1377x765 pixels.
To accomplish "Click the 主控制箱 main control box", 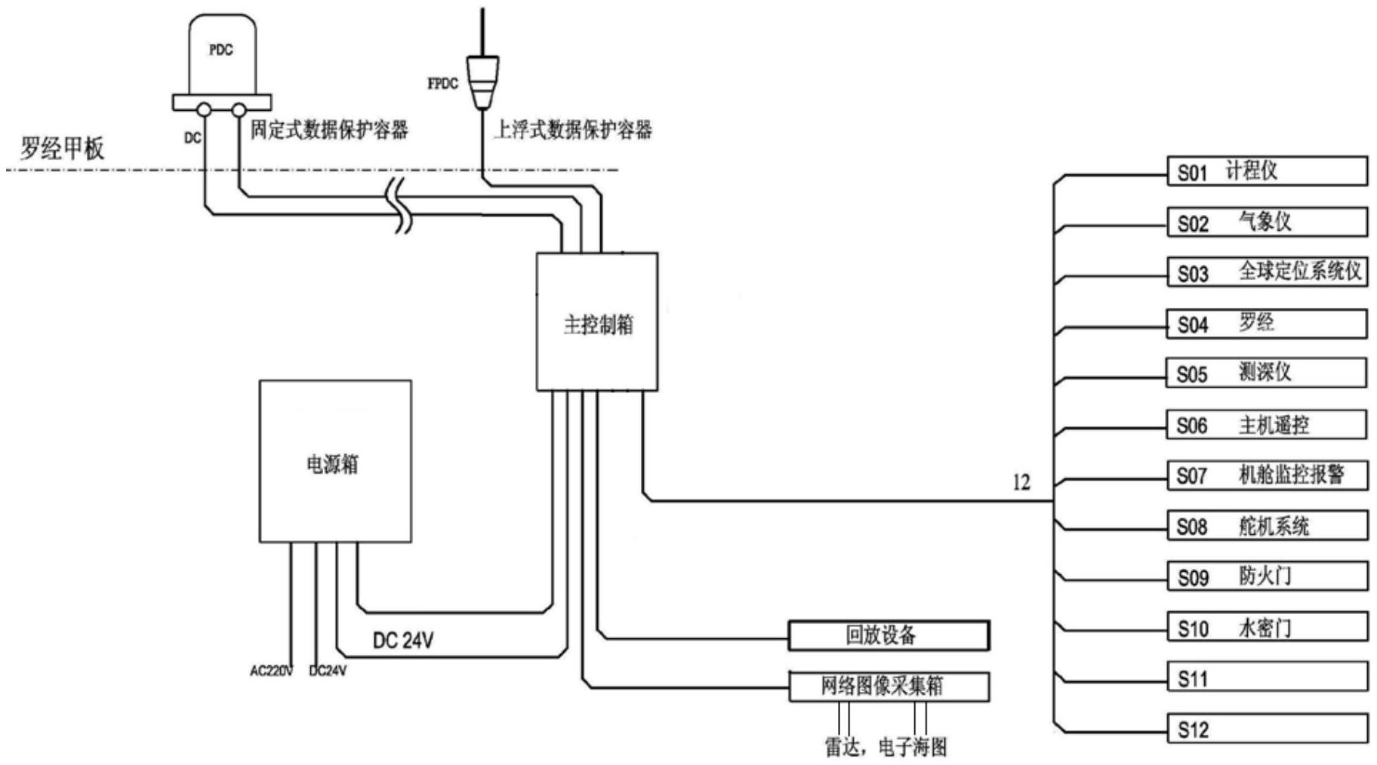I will tap(597, 322).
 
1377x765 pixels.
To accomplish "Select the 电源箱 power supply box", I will tap(335, 461).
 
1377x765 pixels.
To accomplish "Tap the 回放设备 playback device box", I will tap(889, 635).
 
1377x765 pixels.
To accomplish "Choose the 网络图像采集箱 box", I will tap(889, 687).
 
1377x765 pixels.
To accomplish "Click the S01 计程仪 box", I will tap(1267, 171).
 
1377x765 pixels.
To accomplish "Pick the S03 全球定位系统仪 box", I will tap(1267, 272).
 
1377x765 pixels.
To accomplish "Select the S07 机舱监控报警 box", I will tap(1267, 475).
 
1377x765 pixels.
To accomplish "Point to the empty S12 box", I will tap(1267, 730).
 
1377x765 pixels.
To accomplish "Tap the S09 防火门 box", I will tap(1267, 577).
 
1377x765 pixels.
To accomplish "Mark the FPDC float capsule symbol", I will tap(482, 81).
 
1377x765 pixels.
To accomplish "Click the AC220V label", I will tap(271, 671).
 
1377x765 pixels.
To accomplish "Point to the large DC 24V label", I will tap(403, 641).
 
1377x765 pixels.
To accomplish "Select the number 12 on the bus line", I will tap(1021, 483).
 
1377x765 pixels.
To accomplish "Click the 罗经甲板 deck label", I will tap(62, 149).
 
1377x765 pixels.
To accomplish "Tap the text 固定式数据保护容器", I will tap(329, 130).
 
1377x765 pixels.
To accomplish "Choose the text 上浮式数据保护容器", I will tap(572, 130).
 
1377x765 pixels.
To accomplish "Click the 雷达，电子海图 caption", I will tap(885, 747).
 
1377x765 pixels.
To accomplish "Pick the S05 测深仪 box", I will tap(1267, 373).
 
